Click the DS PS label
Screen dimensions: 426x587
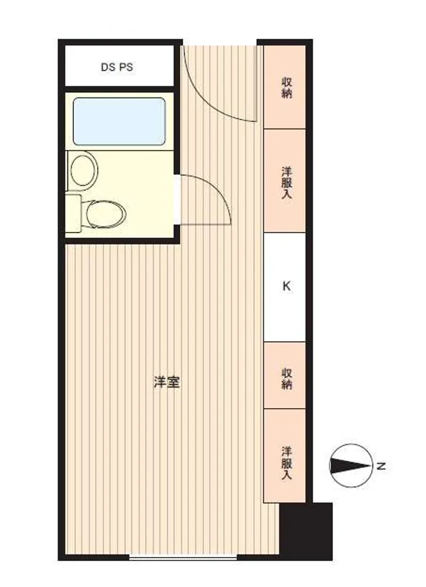pos(117,68)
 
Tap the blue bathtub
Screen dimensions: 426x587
pos(120,122)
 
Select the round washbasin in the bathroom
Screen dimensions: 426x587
pos(84,170)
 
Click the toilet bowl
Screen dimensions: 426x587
pos(106,214)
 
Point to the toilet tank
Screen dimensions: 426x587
pos(73,213)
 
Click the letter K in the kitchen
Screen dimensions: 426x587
pos(286,286)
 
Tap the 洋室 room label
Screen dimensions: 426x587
pos(167,382)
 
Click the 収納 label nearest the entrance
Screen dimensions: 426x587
pos(286,87)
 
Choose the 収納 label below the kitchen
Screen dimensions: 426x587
pos(286,379)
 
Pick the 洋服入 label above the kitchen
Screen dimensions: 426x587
pos(286,183)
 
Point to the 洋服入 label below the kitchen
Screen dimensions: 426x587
pos(286,464)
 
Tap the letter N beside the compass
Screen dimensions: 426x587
pos(381,467)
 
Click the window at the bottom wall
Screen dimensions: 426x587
pos(184,558)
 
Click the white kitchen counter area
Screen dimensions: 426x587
pos(285,287)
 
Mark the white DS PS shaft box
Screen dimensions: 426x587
pos(120,66)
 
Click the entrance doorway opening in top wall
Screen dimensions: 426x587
pos(219,42)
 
